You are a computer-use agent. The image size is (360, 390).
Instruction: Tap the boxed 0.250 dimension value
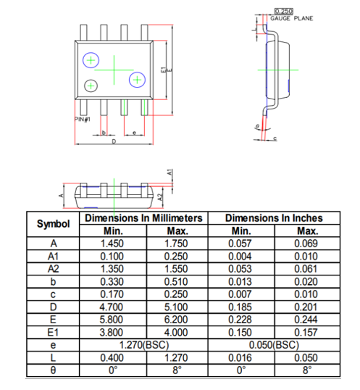284,12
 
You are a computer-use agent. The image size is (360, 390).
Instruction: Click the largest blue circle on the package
91,60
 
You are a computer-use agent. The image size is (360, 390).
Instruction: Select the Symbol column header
53,224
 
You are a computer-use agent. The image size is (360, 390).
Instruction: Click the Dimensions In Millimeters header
143,218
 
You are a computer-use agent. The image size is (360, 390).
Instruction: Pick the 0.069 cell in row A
306,244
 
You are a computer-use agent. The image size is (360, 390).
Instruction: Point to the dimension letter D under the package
113,141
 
